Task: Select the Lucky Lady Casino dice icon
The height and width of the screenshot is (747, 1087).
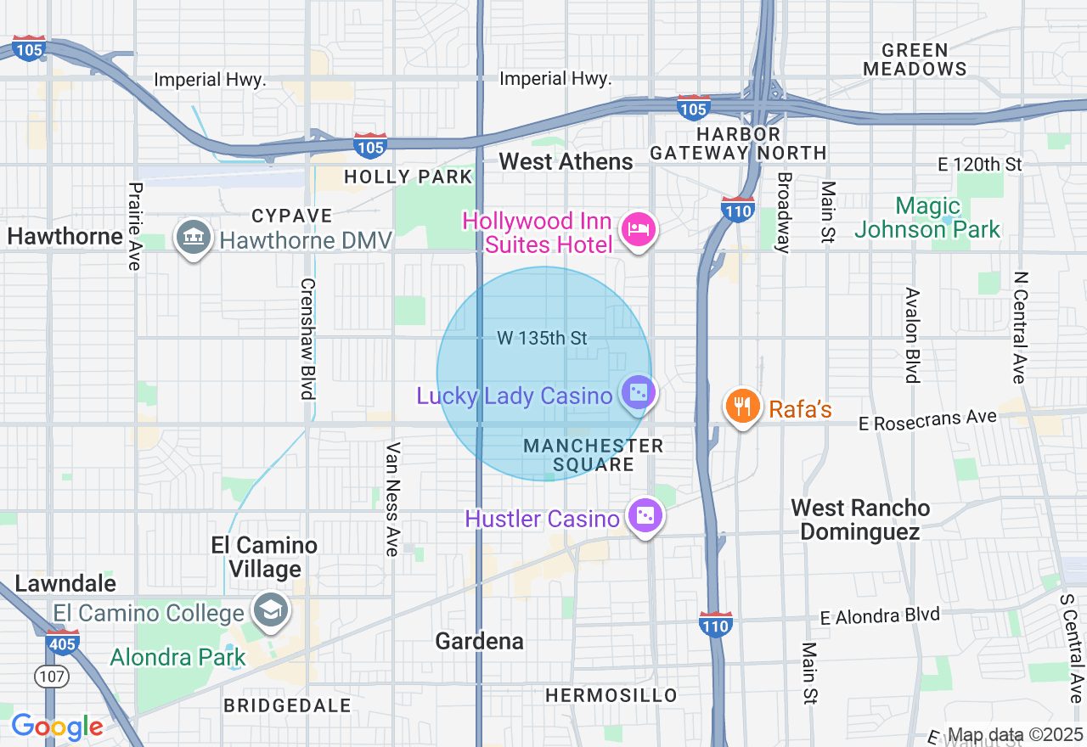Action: click(x=637, y=393)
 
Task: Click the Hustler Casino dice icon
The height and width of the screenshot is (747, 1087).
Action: click(x=645, y=516)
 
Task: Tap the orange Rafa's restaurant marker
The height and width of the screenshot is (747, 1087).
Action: click(x=742, y=407)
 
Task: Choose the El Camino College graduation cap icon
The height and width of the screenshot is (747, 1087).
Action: click(x=271, y=610)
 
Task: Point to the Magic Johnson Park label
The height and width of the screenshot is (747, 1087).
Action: click(x=927, y=217)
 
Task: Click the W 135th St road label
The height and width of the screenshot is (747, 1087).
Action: click(x=542, y=338)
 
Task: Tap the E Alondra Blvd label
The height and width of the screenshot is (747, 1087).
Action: click(x=880, y=615)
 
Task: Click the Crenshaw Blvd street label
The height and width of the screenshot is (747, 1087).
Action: click(x=307, y=339)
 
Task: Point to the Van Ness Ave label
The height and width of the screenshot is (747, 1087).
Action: click(x=392, y=499)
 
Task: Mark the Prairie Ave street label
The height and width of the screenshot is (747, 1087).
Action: click(x=134, y=226)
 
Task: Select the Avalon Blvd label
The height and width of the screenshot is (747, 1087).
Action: click(x=912, y=335)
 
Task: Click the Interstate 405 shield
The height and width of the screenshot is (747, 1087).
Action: click(x=63, y=642)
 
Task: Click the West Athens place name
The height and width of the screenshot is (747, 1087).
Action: click(x=566, y=161)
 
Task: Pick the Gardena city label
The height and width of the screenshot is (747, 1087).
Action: click(x=479, y=641)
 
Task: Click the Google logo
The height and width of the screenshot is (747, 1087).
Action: click(x=57, y=727)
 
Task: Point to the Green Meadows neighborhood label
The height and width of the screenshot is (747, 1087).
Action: click(x=915, y=59)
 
